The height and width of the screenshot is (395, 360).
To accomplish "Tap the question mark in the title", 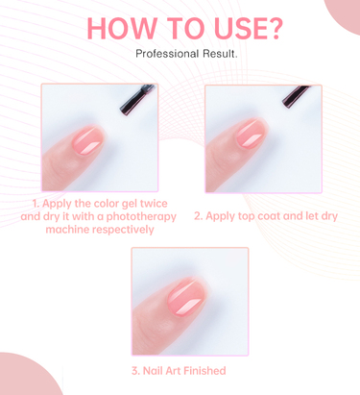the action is click(x=274, y=28).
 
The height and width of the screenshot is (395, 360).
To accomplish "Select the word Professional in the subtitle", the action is click(x=163, y=54).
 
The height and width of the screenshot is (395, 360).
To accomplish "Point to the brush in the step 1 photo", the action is click(x=137, y=99).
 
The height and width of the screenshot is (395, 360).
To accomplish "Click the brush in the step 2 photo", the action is click(x=296, y=96).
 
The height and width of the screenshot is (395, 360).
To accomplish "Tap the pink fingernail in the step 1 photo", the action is click(x=88, y=140).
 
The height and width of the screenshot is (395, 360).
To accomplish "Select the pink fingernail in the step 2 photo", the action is click(x=252, y=134).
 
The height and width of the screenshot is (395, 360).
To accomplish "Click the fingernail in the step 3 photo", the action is click(x=186, y=297).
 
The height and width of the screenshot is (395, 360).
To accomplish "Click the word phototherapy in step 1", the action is click(x=141, y=217).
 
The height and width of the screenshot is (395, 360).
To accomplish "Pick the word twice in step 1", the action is click(x=154, y=204).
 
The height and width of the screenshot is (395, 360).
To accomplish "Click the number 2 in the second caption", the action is click(x=197, y=216).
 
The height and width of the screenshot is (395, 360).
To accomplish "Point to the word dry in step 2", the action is click(x=329, y=217).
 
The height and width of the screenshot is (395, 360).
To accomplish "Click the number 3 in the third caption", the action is click(x=134, y=371).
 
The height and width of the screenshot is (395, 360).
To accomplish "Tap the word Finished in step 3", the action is click(x=204, y=371).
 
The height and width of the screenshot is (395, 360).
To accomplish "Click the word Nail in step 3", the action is click(x=153, y=371).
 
